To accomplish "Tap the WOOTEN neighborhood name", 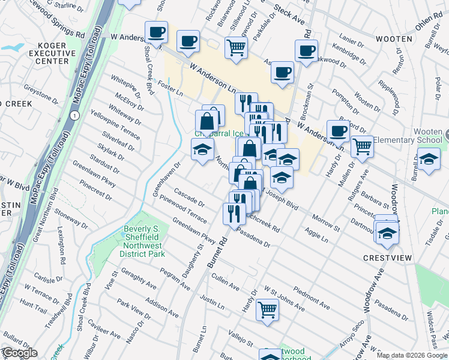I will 394,39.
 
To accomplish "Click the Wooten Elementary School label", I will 408,140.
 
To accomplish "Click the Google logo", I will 19,353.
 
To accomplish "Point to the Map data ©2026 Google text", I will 412,355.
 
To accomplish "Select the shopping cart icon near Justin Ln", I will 267,310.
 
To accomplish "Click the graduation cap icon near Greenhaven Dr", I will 203,149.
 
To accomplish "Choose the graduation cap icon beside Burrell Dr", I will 428,160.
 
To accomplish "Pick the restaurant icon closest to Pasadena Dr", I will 234,213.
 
